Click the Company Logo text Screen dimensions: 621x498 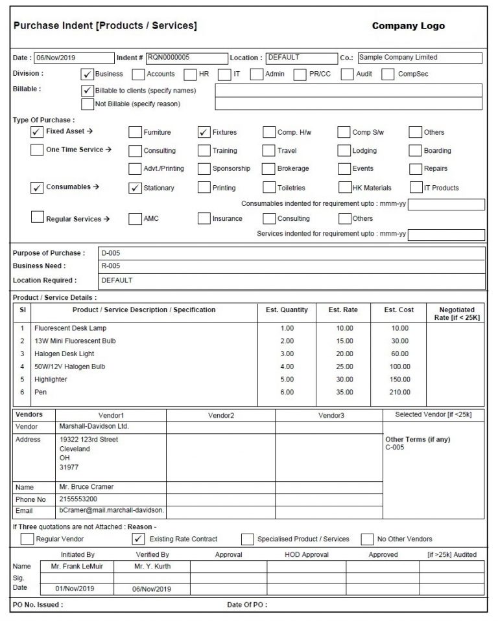click(408, 26)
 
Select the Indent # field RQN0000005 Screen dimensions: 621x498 click(187, 58)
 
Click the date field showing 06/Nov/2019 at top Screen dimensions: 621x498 click(73, 58)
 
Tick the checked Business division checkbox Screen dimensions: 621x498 click(87, 74)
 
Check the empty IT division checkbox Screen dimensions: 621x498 click(224, 74)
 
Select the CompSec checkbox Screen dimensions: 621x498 click(388, 74)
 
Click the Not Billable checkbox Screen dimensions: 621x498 click(87, 104)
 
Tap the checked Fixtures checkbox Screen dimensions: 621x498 click(204, 133)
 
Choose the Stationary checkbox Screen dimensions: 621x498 click(135, 188)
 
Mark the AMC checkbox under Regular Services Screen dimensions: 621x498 click(135, 219)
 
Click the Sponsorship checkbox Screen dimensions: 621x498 click(204, 169)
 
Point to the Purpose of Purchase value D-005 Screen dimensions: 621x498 click(110, 253)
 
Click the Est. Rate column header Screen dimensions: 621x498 click(343, 310)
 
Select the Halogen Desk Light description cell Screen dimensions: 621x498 click(64, 354)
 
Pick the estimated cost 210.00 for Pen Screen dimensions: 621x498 click(399, 392)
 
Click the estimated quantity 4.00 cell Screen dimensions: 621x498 click(287, 367)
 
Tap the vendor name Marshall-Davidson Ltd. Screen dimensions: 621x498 click(94, 427)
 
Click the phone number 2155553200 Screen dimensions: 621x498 click(78, 499)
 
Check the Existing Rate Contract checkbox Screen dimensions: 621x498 click(137, 539)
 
